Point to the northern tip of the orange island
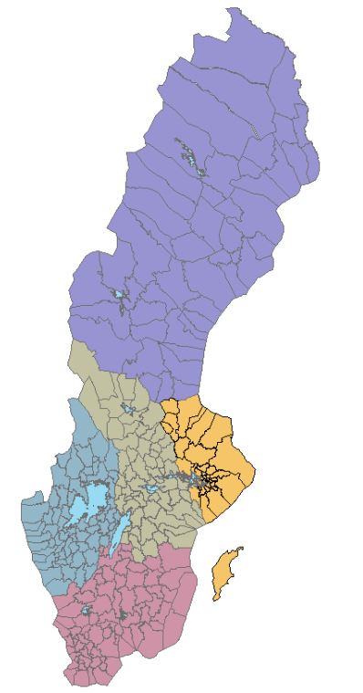242,549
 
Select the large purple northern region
201,210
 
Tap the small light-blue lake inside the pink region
87,610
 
